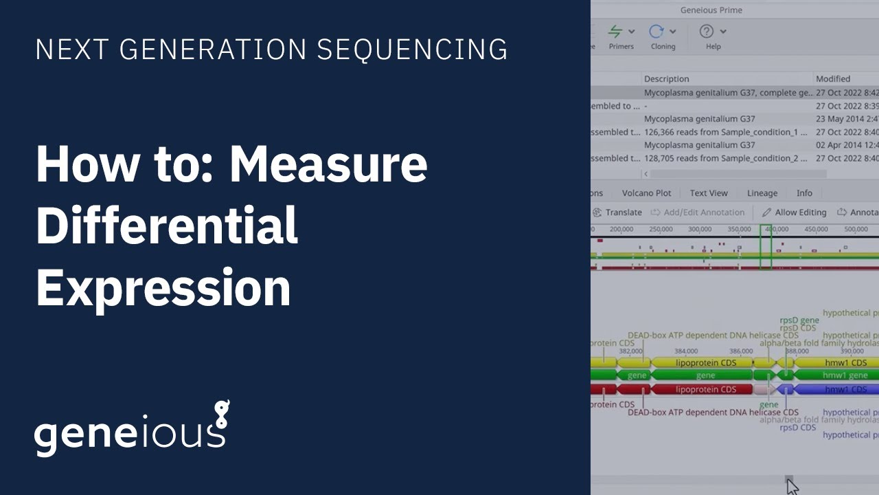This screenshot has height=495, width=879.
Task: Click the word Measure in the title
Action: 328,165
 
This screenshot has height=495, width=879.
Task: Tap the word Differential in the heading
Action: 167,227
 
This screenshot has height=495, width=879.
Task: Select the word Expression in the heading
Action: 163,287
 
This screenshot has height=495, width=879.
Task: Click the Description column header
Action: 666,79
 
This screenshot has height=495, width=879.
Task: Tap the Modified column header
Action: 833,79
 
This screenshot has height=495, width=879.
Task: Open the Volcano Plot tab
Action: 646,193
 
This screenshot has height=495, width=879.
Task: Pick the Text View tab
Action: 709,193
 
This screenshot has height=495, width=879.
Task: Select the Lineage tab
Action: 762,193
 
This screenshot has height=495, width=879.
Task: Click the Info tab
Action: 804,193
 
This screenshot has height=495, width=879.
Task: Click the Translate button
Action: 617,212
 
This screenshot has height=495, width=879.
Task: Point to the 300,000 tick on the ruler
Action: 700,230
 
